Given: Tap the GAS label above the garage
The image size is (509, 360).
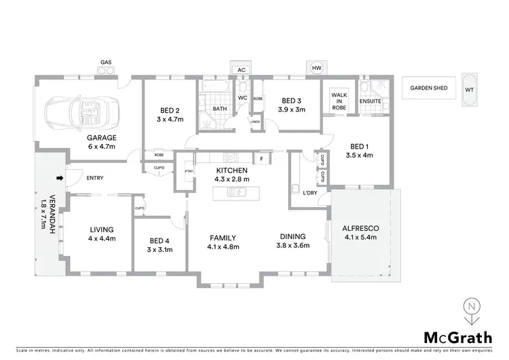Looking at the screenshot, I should [106, 62].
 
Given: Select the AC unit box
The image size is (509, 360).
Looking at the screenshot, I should [241, 69].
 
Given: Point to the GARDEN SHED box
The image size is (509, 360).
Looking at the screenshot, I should [426, 88].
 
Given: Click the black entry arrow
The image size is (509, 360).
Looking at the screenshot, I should [60, 179].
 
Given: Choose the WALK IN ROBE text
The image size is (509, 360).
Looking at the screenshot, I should [339, 102].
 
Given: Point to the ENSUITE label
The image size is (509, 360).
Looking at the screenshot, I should [371, 101].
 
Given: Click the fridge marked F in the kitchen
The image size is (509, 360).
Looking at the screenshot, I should [262, 159].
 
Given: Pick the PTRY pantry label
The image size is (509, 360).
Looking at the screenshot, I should [189, 171].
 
